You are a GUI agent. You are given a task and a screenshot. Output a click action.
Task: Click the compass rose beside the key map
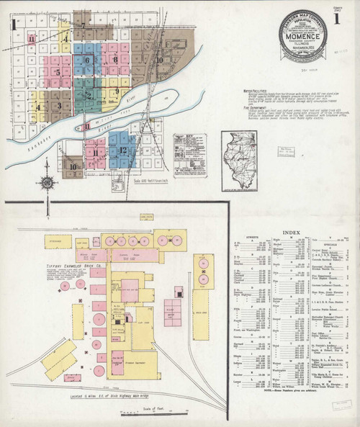point(48,181)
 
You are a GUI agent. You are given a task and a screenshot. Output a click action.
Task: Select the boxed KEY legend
point(189,154)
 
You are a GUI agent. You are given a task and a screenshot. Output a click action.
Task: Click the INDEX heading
point(291,232)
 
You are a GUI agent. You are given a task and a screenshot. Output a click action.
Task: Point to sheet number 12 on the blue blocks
point(123,150)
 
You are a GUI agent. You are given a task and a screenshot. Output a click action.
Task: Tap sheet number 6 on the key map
point(87,60)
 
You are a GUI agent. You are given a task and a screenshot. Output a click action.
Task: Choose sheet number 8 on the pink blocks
point(115,60)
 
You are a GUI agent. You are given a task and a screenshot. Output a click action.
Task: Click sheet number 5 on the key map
point(58,72)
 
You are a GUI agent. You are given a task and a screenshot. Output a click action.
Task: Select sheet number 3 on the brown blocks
point(60,106)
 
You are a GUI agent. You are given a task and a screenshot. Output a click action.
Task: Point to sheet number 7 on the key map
point(83,26)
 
